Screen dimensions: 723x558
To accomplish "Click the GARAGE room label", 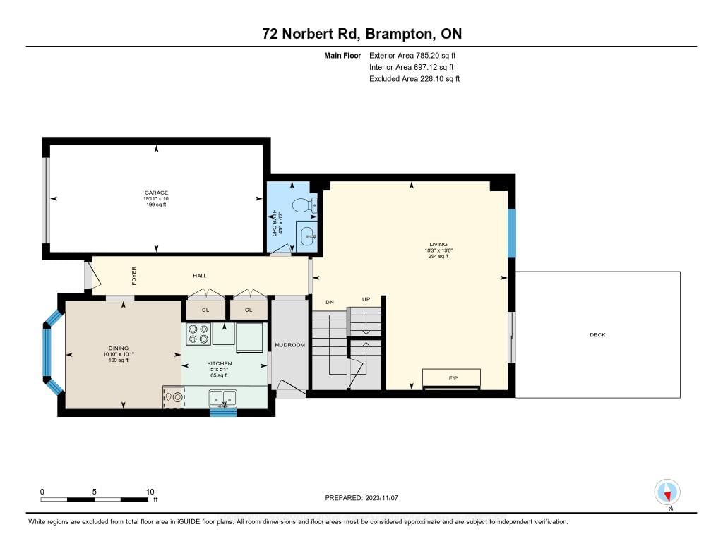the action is tap(156, 193).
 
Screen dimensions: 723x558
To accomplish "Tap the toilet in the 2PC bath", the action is tap(304, 204).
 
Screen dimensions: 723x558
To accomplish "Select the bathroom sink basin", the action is tap(307, 237).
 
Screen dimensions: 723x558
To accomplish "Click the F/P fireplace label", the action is tap(453, 378).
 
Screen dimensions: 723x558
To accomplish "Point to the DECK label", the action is tap(597, 334).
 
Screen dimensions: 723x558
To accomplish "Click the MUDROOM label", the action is tap(289, 345).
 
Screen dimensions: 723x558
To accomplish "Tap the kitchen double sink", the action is tap(223, 398).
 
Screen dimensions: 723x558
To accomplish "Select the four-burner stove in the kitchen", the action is tap(198, 334).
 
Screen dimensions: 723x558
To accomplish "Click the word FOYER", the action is tap(133, 276).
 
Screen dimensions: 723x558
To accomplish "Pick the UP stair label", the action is tap(366, 299).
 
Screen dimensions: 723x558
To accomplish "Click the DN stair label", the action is tap(330, 302).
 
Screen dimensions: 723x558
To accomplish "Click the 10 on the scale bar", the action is tap(150, 492).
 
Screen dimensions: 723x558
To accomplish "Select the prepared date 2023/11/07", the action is tap(381, 497).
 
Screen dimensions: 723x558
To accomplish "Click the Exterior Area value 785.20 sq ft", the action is tap(436, 55).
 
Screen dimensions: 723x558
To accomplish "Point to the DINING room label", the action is tap(119, 348).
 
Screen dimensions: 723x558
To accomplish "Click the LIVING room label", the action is tap(438, 244).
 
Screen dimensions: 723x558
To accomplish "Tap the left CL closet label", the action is tap(205, 310).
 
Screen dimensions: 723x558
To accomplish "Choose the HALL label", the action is tap(200, 276).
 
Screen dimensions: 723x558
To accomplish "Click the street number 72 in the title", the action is tap(270, 34).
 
